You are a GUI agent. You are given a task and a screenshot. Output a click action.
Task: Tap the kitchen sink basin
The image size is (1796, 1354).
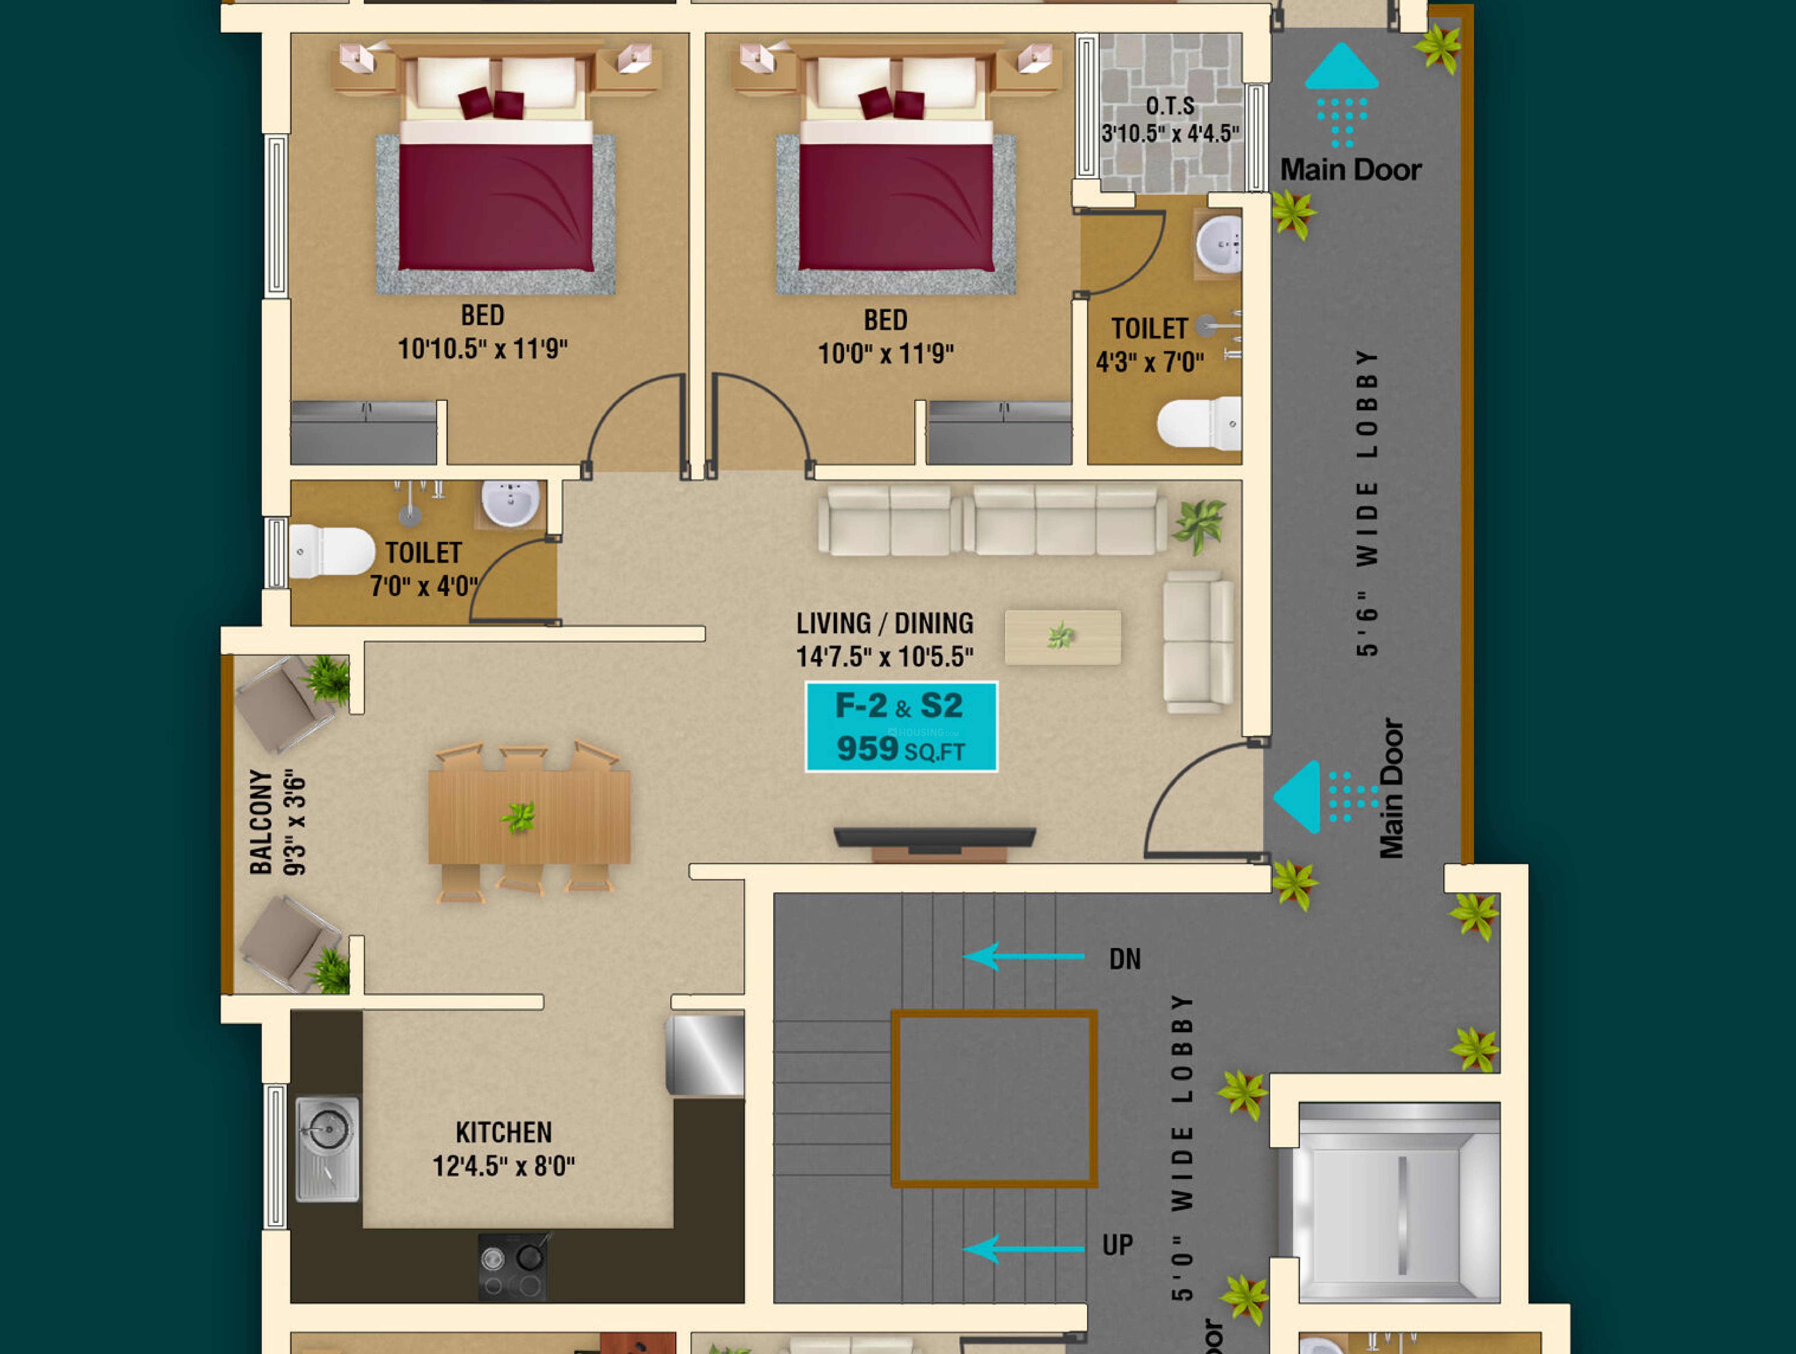[x=327, y=1127]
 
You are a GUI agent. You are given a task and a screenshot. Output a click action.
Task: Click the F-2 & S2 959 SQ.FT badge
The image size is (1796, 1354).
[x=901, y=726]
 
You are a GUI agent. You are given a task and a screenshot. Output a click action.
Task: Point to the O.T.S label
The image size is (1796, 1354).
[x=1170, y=106]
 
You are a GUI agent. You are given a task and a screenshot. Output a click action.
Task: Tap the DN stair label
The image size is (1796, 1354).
[x=1125, y=959]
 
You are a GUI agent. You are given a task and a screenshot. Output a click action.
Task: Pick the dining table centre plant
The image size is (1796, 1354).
[x=518, y=816]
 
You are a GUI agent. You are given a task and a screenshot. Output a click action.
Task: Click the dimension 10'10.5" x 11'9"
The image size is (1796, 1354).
[x=482, y=348]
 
